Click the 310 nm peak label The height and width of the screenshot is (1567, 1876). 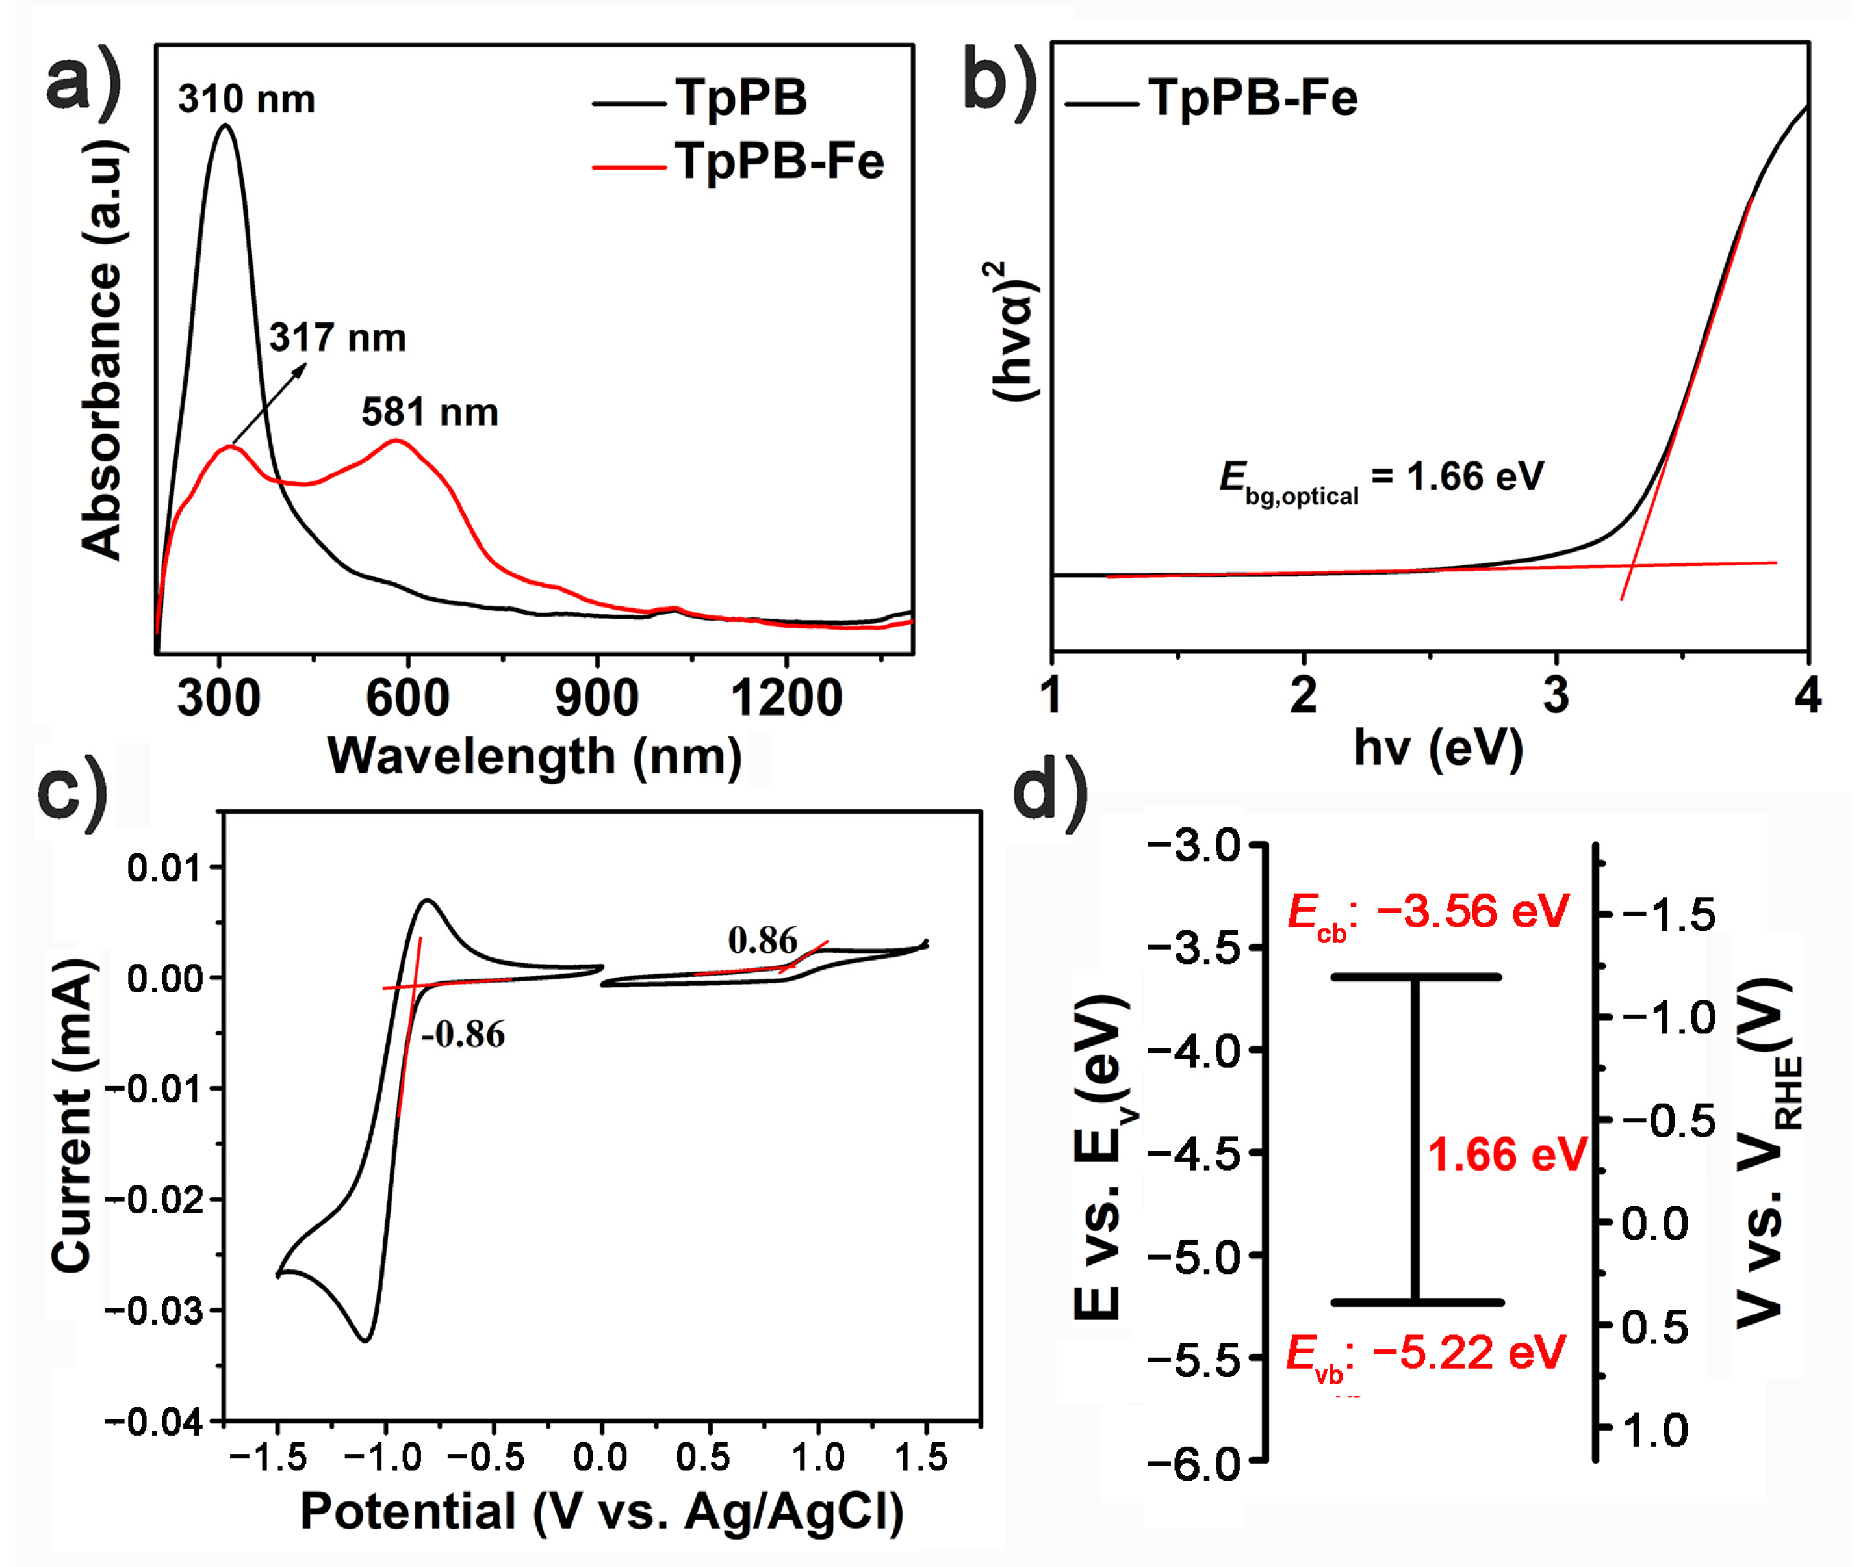[x=246, y=99]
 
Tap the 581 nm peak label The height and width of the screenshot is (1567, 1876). [x=430, y=413]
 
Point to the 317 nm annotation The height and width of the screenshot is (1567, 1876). [x=338, y=338]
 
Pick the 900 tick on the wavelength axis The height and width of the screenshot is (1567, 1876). [x=597, y=698]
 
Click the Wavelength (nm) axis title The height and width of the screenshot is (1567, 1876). [x=535, y=757]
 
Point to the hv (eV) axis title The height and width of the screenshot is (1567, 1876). [x=1438, y=749]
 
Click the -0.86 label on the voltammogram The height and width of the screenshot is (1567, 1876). [x=463, y=1035]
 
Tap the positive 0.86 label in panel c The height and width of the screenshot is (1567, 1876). [x=762, y=940]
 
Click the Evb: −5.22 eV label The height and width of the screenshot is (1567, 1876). [x=1426, y=1353]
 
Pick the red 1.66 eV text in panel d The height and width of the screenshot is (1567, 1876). [x=1507, y=1154]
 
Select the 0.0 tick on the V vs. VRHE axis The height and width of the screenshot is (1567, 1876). [x=1654, y=1223]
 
